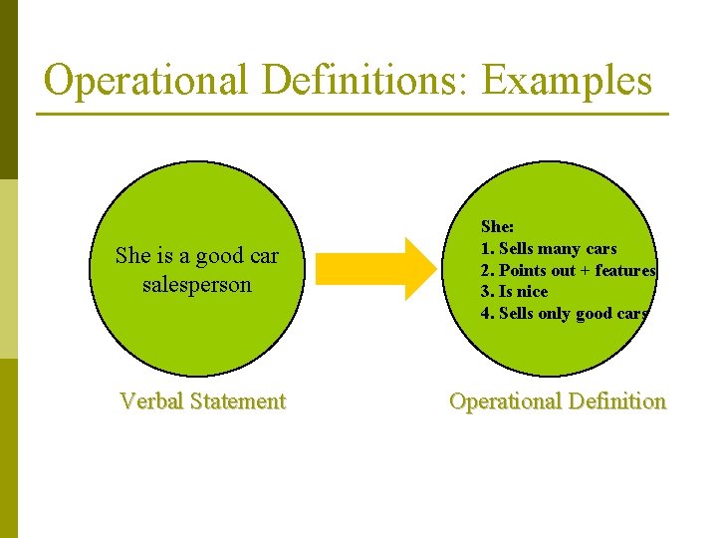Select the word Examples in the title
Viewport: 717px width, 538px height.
(568, 81)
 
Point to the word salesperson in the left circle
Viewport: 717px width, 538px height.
(197, 285)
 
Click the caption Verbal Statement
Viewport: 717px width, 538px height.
(202, 402)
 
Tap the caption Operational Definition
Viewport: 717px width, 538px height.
(558, 402)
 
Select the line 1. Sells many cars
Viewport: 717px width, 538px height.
(549, 248)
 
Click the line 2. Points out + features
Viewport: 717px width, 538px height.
(568, 270)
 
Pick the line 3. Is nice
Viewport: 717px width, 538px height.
(514, 292)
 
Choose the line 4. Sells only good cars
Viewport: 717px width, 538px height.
(565, 314)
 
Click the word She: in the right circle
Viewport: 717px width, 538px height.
(498, 227)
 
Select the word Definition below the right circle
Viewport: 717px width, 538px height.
(614, 402)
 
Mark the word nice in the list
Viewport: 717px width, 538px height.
(532, 292)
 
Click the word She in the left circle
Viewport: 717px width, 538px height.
(132, 256)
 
